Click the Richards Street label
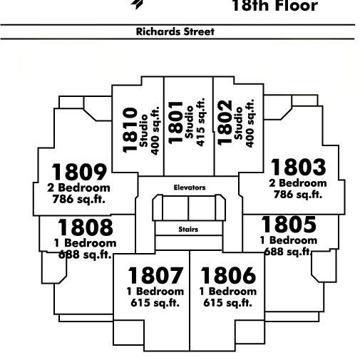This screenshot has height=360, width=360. pos(175,31)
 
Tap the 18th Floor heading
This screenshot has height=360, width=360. pos(275,6)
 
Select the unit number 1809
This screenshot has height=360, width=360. pos(79,172)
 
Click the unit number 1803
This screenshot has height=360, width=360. pos(299,167)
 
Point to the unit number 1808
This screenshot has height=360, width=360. pos(86,227)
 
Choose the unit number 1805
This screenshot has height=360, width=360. pos(289,225)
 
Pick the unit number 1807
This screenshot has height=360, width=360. pos(155,275)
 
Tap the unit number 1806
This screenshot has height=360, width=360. pos(228,275)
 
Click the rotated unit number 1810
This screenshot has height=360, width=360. pos(130,130)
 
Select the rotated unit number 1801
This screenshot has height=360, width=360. pos(175,123)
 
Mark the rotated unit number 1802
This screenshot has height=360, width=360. pos(225,123)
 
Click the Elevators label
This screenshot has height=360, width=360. pos(190,187)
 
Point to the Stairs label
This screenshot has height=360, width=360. pos(188,230)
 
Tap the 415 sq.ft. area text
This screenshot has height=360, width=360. pos(200,122)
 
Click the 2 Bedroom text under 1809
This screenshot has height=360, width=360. pos(78,187)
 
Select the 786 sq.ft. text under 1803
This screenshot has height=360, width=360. pos(298,195)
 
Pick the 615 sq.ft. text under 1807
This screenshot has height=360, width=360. pos(155,303)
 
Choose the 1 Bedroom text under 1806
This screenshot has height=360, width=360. pos(228,292)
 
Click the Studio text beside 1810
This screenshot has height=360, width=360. pos(143,130)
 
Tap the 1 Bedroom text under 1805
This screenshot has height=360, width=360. pos(289,240)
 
